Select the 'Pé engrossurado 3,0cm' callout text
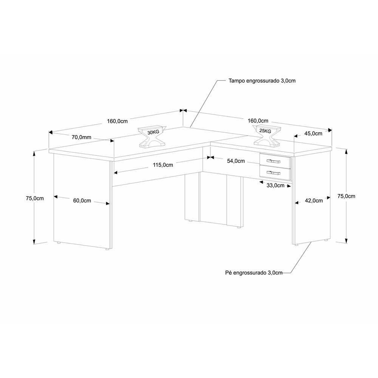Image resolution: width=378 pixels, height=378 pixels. click(x=254, y=273)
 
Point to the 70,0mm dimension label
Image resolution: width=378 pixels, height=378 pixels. click(x=81, y=138)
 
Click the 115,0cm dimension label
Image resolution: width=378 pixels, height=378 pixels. click(x=163, y=165)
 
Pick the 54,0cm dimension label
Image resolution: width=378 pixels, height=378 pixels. click(x=236, y=161)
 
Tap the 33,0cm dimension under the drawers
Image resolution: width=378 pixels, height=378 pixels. click(x=275, y=186)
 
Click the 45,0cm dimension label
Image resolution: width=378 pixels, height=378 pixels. click(x=313, y=133)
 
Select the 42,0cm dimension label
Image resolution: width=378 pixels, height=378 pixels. click(x=314, y=201)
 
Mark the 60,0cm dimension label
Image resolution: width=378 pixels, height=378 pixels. click(x=82, y=201)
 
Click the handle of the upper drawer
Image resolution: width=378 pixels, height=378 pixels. click(x=275, y=161)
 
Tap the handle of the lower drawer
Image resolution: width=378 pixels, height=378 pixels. click(x=275, y=173)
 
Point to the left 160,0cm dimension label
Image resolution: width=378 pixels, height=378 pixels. click(x=117, y=121)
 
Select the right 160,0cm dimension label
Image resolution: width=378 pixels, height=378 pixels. click(x=258, y=121)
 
